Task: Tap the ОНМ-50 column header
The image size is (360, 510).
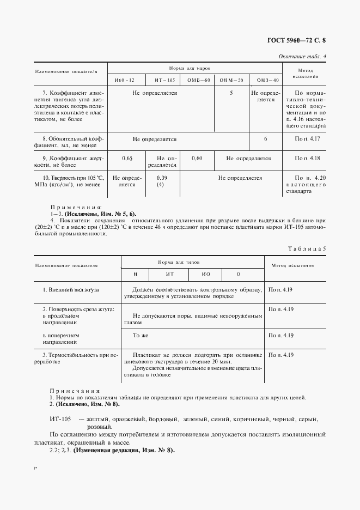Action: point(231,81)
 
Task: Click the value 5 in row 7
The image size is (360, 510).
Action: point(231,93)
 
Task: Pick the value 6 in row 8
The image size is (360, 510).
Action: point(265,139)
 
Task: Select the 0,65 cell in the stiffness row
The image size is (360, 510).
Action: point(127,159)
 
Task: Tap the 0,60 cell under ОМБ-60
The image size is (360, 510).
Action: point(198,159)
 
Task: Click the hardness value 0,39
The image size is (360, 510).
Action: point(162,178)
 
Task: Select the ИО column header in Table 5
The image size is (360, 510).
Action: point(206,273)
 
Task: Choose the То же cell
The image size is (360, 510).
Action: point(141,336)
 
